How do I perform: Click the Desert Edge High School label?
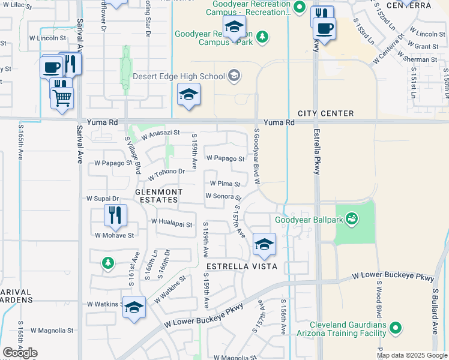point(178,76)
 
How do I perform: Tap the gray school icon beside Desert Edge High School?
point(234,76)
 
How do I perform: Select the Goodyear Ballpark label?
point(309,220)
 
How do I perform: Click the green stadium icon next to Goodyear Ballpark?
point(352,219)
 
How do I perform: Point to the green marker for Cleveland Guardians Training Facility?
point(395,328)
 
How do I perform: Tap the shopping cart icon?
point(62,97)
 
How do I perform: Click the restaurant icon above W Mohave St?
point(114,215)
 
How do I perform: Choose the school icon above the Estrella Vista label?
point(264,244)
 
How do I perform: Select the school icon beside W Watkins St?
point(134,307)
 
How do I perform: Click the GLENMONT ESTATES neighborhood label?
point(157,196)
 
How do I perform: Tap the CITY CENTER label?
point(326,113)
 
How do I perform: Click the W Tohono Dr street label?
point(166,173)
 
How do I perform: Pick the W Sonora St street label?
point(223,196)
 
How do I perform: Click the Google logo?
point(20,353)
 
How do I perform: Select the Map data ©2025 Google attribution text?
point(412,355)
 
